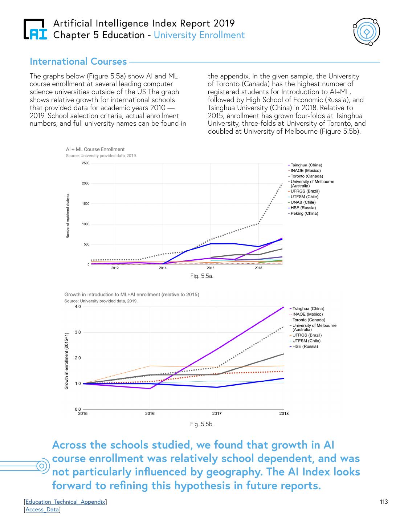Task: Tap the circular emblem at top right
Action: pos(367,32)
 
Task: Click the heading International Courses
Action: pos(78,61)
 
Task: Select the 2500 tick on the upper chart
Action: pos(86,163)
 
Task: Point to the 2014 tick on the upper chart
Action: pos(163,268)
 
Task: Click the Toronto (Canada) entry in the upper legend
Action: pos(306,176)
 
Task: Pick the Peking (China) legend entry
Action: pos(304,214)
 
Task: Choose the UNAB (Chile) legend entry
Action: pos(303,202)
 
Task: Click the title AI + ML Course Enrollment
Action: pos(95,149)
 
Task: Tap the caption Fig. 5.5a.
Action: pos(202,276)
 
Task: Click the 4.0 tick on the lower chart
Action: pos(78,307)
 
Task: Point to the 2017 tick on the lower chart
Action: pos(217,413)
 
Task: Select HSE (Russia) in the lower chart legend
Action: pos(305,346)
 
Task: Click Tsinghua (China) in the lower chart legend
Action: pos(308,309)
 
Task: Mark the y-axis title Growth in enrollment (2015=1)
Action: pos(67,361)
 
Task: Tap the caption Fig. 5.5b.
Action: pos(202,424)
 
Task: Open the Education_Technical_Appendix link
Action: pos(65,502)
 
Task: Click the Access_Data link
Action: pos(42,510)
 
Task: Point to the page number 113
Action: pos(384,502)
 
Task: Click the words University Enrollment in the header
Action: pos(199,35)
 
